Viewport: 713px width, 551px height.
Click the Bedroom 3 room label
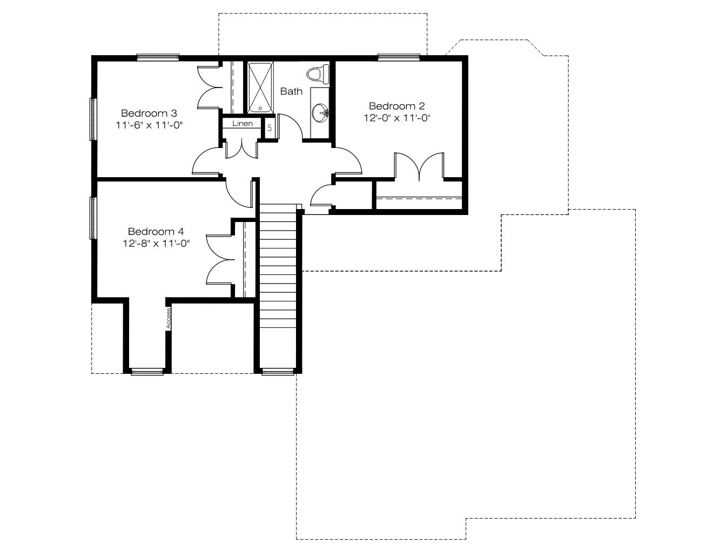coord(149,113)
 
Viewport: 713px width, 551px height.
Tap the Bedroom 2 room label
coord(396,106)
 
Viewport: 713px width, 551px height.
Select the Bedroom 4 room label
coord(156,232)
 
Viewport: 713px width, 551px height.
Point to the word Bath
coord(291,91)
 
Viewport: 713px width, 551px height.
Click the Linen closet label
coord(243,124)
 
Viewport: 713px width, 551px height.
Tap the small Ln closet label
coord(270,127)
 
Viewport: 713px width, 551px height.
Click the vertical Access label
coord(169,318)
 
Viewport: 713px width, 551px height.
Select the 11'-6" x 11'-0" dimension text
coord(149,125)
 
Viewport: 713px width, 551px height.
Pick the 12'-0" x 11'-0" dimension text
coord(396,118)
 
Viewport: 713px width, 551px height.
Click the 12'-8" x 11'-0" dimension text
coord(156,244)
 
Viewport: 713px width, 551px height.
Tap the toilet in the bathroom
coord(318,73)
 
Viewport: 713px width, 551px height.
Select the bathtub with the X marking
coord(260,88)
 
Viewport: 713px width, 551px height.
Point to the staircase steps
coord(278,266)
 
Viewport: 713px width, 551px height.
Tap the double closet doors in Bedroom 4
coord(220,259)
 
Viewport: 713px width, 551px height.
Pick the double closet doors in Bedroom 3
coord(210,88)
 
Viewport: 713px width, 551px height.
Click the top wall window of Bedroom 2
coord(399,57)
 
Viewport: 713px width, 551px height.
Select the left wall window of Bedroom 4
coord(93,218)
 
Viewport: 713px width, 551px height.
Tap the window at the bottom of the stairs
coord(278,372)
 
